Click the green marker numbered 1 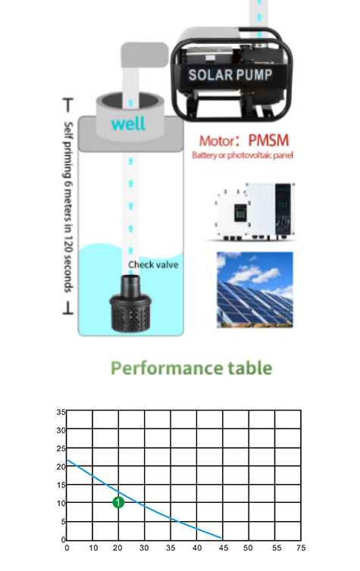click(118, 503)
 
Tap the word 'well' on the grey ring click(128, 123)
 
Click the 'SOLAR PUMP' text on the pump click(230, 75)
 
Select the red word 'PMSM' click(268, 141)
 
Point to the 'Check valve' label click(153, 265)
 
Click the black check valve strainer click(130, 304)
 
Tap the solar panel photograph click(255, 290)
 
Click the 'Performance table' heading click(191, 368)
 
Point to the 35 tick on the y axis click(61, 412)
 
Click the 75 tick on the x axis click(301, 548)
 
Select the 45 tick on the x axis click(224, 548)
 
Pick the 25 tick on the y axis click(61, 448)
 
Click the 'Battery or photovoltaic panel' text click(243, 155)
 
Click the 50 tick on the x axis click(248, 548)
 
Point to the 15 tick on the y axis click(61, 485)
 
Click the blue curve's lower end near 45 click(221, 538)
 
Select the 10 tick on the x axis click(93, 548)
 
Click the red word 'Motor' click(217, 141)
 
